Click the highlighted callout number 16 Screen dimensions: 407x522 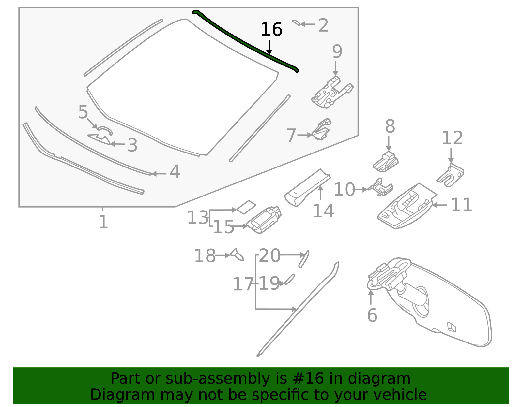[271, 30]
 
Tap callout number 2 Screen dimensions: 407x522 [323, 25]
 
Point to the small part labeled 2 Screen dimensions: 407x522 [296, 22]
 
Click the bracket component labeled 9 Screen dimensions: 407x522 [331, 93]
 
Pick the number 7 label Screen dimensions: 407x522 [291, 135]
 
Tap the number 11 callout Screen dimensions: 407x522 [461, 205]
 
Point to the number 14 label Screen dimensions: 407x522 [323, 211]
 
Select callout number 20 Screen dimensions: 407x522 [269, 256]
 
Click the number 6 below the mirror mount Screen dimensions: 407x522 [372, 315]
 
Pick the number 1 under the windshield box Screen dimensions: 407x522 [103, 222]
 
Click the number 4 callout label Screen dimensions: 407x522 [175, 172]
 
